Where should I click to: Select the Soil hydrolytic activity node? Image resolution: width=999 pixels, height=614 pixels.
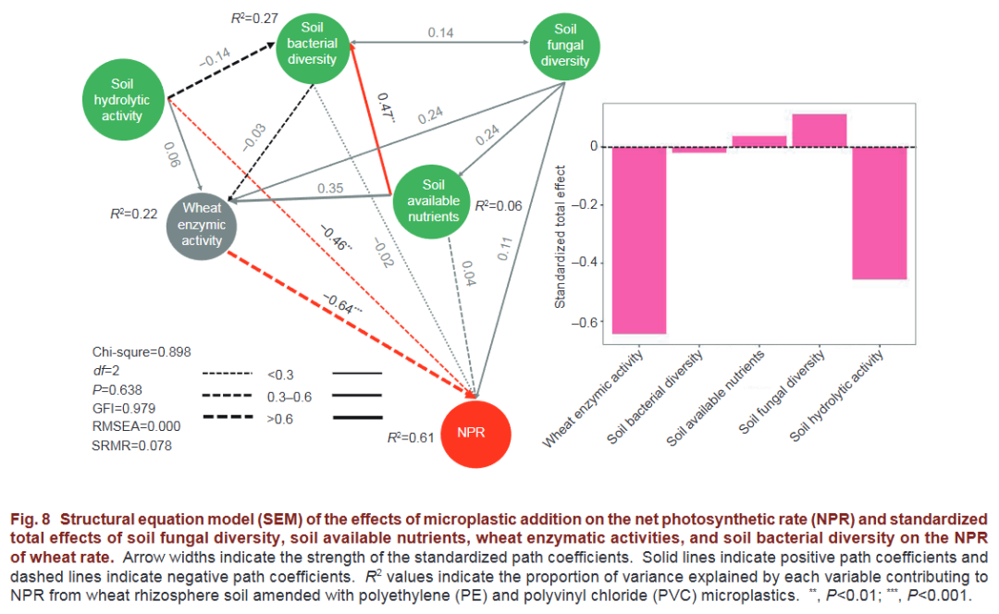[x=124, y=100]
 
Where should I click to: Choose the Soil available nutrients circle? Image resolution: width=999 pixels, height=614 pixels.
[x=432, y=201]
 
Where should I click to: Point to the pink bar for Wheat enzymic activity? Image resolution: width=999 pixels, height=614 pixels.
[x=639, y=239]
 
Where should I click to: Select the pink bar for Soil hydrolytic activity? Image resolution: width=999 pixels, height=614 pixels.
[x=879, y=213]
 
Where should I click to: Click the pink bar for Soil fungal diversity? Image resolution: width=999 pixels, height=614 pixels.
[x=820, y=130]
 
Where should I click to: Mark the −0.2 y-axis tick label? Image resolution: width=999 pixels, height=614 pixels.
[x=580, y=205]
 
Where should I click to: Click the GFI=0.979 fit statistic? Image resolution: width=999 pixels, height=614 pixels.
[x=124, y=408]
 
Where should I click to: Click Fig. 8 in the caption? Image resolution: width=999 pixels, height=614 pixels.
[x=32, y=519]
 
